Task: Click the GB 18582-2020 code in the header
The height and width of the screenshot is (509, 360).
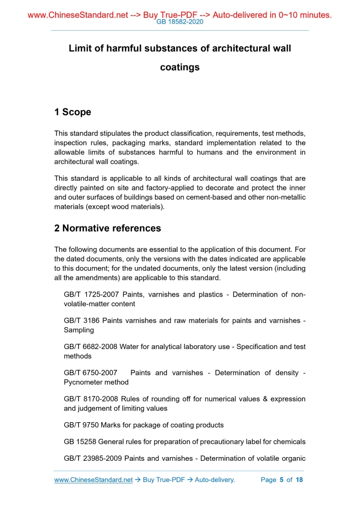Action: click(x=180, y=22)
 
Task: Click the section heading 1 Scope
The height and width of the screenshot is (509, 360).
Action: click(x=73, y=112)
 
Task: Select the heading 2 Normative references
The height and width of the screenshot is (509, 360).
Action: click(x=108, y=228)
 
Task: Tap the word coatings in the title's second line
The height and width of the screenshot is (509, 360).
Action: click(x=180, y=68)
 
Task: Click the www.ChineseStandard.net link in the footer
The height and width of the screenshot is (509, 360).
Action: click(x=94, y=480)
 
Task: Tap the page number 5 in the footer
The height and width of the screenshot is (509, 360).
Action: click(x=281, y=480)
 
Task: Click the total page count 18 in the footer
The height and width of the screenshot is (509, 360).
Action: click(x=299, y=480)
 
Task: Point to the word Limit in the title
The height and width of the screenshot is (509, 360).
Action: click(x=81, y=48)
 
